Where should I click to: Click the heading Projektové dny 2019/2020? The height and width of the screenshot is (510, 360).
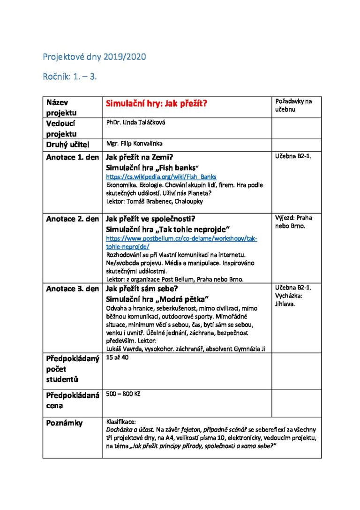(94, 57)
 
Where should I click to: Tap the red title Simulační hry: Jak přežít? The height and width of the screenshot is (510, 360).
(157, 104)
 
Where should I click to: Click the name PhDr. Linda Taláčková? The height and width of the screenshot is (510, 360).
(136, 122)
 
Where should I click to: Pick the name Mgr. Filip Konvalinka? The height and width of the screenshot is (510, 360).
(135, 144)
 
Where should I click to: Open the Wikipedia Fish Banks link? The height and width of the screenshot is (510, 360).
(161, 177)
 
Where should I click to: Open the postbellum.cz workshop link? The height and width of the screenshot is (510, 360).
(181, 242)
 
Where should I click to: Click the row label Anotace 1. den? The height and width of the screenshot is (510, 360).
(72, 157)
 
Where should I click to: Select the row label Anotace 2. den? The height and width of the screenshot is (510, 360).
(72, 219)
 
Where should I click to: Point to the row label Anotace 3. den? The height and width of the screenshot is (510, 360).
(72, 289)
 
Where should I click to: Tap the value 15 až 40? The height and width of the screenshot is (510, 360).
(117, 358)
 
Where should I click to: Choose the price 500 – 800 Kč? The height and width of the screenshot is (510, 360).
(123, 394)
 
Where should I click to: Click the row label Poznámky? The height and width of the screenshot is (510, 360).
(64, 423)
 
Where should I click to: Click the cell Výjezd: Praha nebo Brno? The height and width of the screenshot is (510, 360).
(293, 221)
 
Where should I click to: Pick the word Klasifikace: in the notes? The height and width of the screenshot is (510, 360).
(121, 422)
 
